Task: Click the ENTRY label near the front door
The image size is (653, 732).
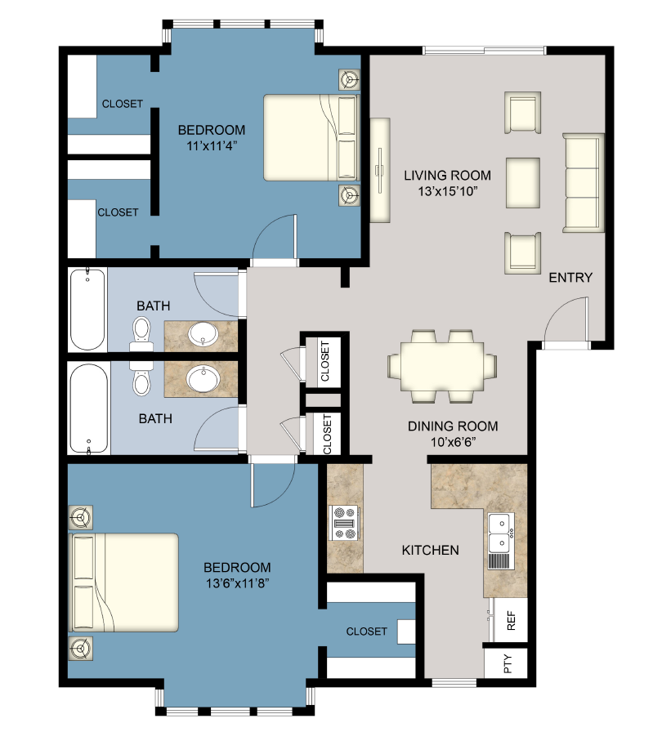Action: click(x=570, y=278)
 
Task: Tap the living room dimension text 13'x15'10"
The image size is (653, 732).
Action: click(x=446, y=191)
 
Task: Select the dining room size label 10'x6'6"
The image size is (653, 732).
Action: click(x=452, y=442)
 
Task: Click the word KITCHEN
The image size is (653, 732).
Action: click(x=430, y=550)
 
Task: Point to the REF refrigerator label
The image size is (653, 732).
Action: click(x=512, y=623)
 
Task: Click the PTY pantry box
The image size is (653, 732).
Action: click(x=508, y=664)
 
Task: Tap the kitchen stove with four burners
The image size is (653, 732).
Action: click(x=344, y=523)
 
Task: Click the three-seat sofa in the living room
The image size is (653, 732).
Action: click(x=583, y=183)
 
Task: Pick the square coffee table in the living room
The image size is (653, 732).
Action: click(x=522, y=183)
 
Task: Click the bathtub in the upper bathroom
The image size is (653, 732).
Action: click(x=87, y=309)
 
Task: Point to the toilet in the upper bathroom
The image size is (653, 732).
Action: click(x=141, y=330)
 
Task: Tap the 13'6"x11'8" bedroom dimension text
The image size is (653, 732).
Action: click(x=236, y=583)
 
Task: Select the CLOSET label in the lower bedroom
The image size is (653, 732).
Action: click(x=366, y=632)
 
